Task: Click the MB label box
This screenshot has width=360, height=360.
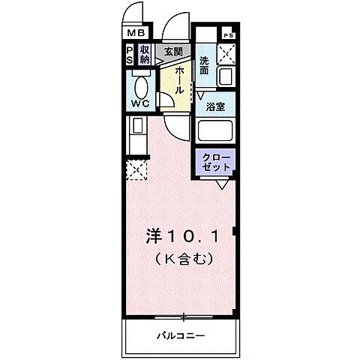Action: [136, 34]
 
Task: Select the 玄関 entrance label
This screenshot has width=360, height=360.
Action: [172, 52]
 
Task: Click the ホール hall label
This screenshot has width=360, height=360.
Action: [181, 79]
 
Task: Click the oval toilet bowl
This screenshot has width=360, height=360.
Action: [139, 82]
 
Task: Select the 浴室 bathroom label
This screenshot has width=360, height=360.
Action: [216, 106]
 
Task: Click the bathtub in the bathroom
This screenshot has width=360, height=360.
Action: [216, 131]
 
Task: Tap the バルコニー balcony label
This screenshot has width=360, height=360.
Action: [181, 334]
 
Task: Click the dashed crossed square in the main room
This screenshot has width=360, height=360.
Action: [135, 169]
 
